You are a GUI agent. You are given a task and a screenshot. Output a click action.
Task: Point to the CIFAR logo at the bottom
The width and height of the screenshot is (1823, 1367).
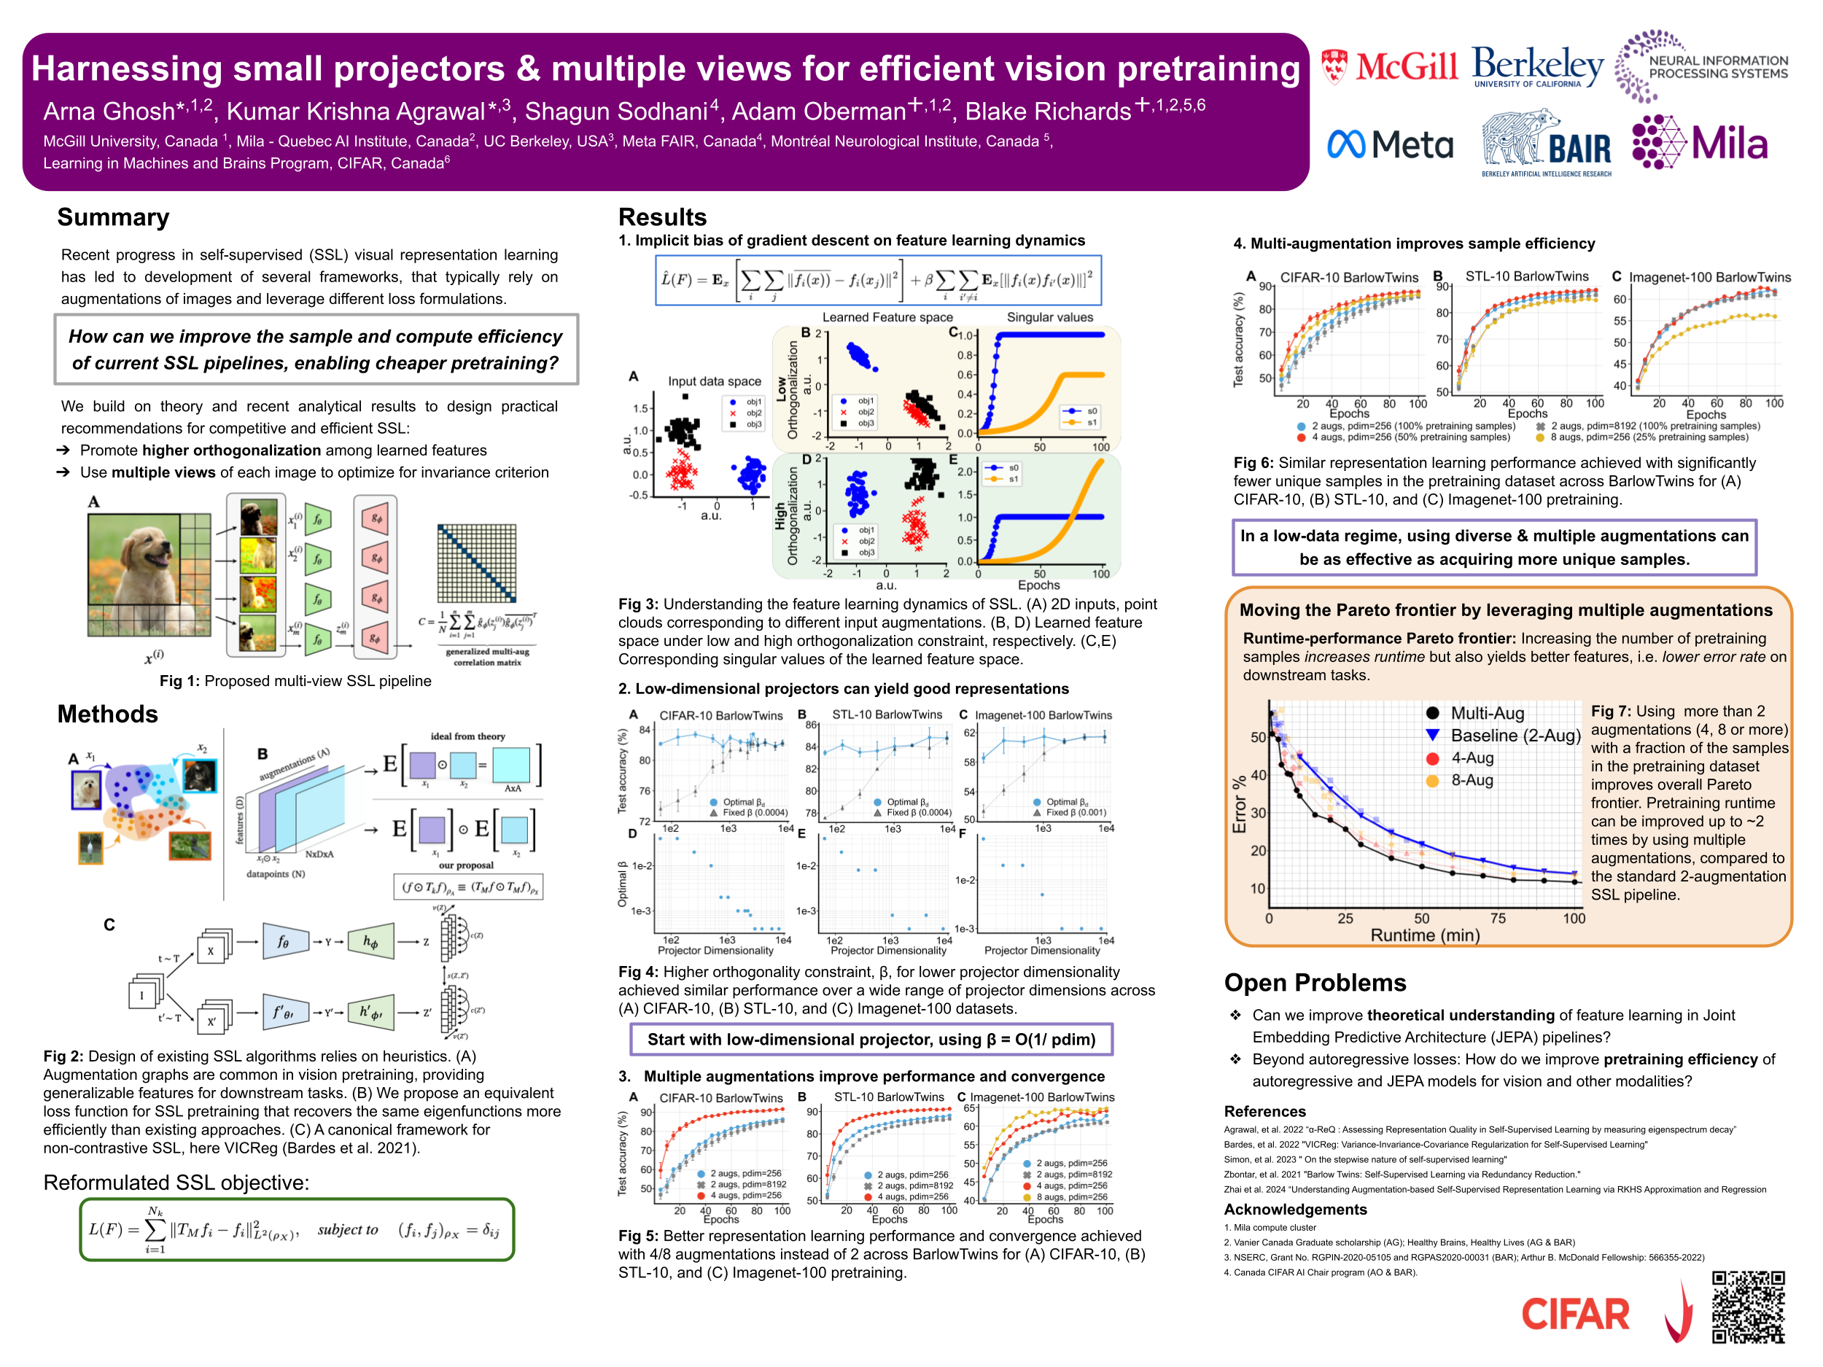click(1575, 1315)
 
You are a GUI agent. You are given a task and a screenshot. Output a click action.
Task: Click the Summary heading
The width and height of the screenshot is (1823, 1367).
click(113, 217)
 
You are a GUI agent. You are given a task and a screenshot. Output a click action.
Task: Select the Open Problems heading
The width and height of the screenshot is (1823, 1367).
click(1315, 982)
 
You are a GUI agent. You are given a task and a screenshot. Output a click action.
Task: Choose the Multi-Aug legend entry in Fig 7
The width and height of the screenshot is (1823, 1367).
click(1475, 714)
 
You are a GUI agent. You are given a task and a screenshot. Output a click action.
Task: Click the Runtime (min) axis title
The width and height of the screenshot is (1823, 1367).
click(1424, 935)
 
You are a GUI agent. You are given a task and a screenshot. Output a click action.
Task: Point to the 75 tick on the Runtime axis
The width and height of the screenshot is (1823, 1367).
click(1498, 918)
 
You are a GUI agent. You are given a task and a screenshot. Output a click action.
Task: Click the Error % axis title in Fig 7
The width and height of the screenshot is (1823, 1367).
click(1239, 804)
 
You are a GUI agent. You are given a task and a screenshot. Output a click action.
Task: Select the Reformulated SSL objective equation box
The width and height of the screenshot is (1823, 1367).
click(297, 1229)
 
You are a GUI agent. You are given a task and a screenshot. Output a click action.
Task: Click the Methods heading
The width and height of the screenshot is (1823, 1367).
click(107, 714)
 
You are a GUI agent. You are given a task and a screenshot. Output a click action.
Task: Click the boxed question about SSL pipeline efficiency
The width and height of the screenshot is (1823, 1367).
click(316, 349)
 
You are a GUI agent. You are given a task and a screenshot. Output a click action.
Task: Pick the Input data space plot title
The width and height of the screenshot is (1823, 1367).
click(714, 381)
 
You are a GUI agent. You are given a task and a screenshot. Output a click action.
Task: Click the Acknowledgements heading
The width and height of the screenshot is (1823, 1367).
click(1295, 1210)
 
